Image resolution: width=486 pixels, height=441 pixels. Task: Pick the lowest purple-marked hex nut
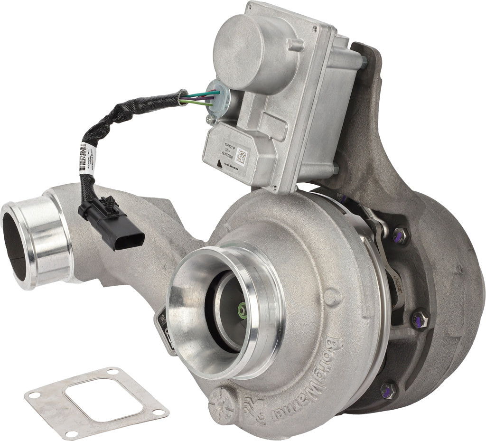coord(388,389)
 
